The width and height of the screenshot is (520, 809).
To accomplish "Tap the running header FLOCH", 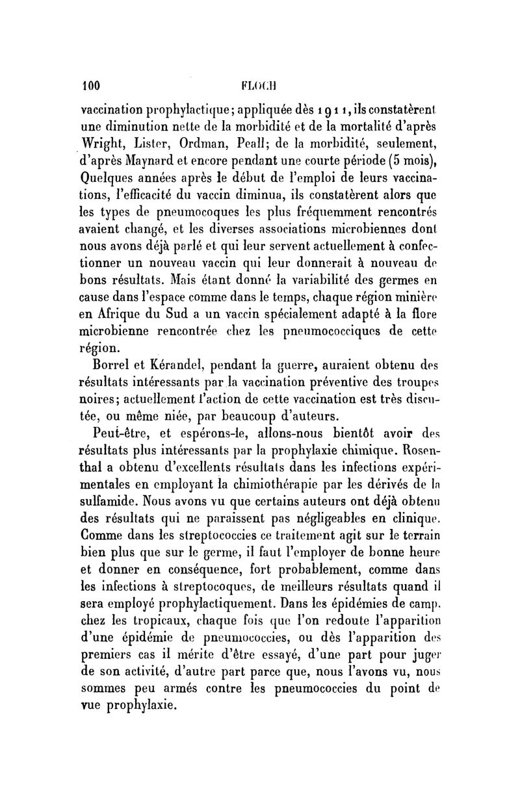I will tap(259, 84).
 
